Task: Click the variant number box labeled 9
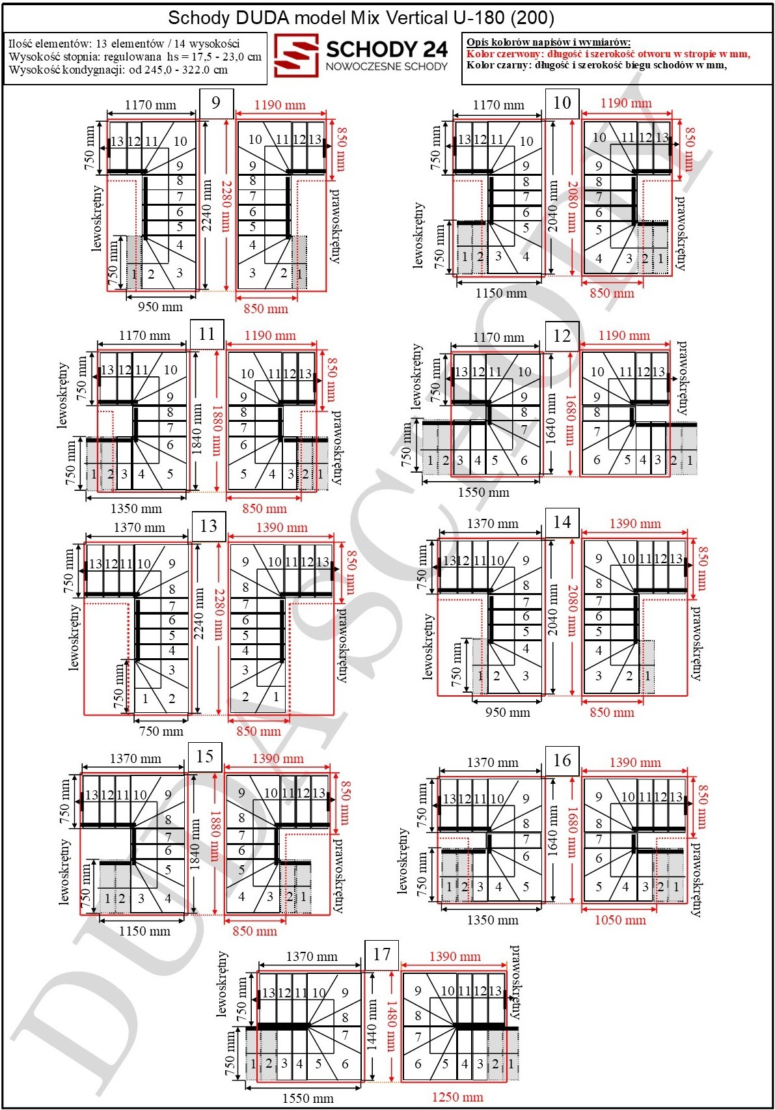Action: tap(216, 103)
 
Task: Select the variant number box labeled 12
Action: tap(562, 336)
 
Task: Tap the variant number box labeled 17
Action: tap(381, 954)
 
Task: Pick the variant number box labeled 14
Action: tap(562, 522)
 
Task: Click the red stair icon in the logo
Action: tap(296, 55)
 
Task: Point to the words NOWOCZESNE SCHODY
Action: tap(387, 66)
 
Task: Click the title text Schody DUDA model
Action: tap(257, 18)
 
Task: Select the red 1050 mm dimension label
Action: tap(620, 920)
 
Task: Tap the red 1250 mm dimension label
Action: tap(457, 1096)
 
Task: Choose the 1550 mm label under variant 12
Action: tap(483, 492)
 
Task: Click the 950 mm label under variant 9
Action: tap(160, 307)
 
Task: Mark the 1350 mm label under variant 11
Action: tap(136, 508)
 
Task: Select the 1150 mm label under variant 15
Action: tap(144, 930)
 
